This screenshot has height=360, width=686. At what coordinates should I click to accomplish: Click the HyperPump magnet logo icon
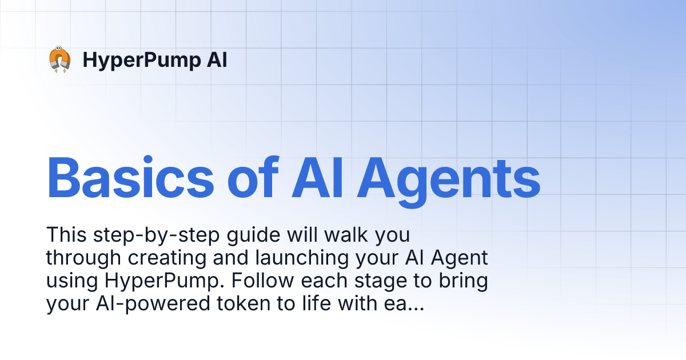point(59,60)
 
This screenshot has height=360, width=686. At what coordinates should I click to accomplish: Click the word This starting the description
point(65,235)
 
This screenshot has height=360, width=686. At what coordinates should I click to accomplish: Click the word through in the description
point(83,259)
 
